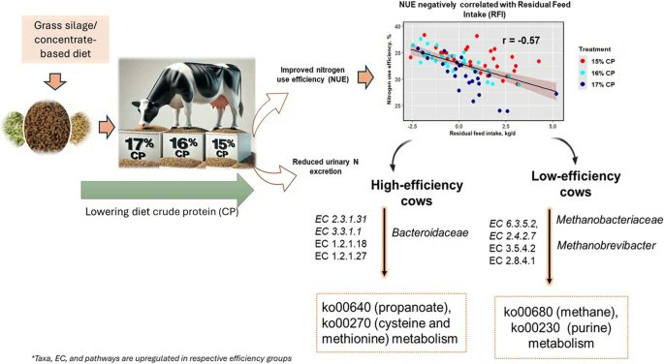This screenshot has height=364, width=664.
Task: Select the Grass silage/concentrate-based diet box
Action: point(63,49)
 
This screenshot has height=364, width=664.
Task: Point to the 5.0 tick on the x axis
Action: point(553,125)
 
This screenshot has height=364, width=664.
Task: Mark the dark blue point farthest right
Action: point(555,93)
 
